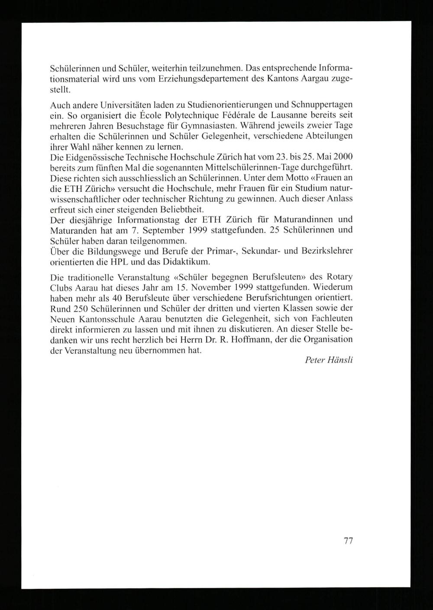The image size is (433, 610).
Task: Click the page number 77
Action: pyautogui.click(x=348, y=541)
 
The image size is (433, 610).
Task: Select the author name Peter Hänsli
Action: pyautogui.click(x=329, y=360)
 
